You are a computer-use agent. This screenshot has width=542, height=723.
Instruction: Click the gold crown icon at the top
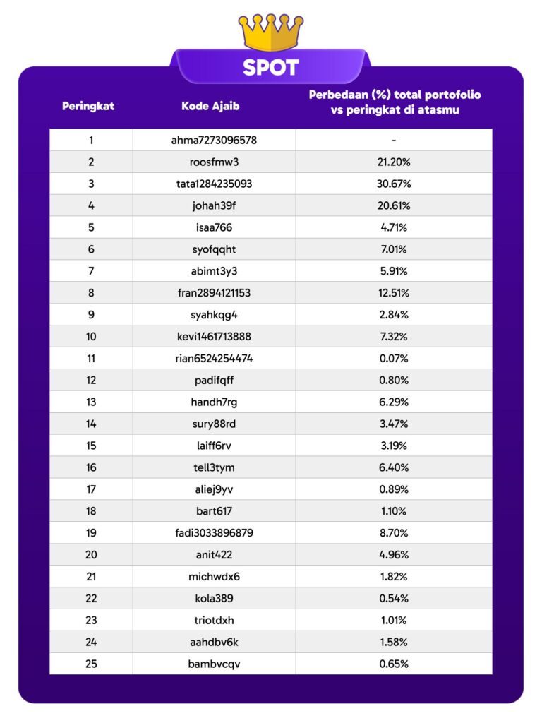click(271, 32)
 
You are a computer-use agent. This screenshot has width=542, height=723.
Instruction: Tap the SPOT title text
click(271, 68)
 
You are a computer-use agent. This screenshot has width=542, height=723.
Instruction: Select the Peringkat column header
click(88, 107)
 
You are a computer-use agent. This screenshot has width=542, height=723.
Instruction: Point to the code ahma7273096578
click(214, 140)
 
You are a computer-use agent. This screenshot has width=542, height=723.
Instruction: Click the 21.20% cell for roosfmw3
click(395, 162)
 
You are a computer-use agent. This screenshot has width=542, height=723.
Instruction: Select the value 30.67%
click(395, 184)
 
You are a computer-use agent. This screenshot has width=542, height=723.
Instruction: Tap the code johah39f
click(214, 205)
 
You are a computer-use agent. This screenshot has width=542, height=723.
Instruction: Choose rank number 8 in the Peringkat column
click(91, 293)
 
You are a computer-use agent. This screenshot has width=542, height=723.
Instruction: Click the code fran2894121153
click(214, 293)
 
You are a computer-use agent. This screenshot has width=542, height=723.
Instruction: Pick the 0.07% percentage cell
click(395, 358)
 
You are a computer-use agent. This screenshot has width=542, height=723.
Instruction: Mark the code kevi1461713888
click(214, 336)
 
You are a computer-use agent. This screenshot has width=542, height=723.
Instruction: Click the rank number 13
click(91, 402)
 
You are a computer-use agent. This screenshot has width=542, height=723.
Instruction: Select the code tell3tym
click(214, 467)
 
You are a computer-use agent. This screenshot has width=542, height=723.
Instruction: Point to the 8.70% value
click(395, 532)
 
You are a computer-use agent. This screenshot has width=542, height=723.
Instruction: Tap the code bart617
click(214, 511)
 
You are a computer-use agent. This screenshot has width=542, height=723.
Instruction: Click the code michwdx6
click(214, 576)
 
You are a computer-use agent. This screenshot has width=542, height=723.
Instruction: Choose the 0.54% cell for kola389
click(395, 598)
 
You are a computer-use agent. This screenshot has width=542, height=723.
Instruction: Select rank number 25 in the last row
click(91, 664)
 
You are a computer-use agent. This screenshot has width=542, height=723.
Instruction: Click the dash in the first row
click(395, 140)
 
